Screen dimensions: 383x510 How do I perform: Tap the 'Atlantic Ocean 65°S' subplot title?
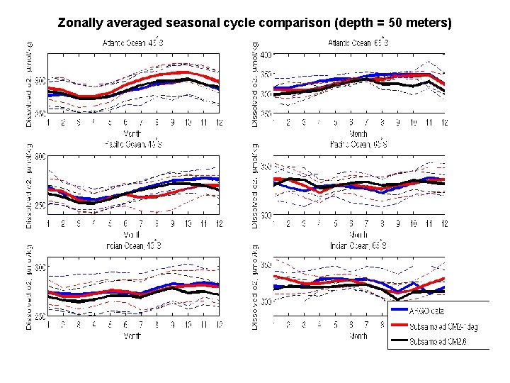(358, 43)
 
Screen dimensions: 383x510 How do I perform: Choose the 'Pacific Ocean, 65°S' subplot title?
(358, 144)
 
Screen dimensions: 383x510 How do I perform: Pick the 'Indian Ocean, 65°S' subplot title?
(358, 246)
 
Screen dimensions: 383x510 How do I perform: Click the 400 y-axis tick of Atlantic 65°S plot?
(265, 55)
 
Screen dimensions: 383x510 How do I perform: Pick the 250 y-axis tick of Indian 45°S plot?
(39, 317)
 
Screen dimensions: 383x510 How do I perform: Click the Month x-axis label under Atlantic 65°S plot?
(358, 133)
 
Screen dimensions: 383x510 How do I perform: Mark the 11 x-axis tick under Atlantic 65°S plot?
(429, 123)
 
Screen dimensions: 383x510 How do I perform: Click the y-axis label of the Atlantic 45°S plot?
(30, 83)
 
